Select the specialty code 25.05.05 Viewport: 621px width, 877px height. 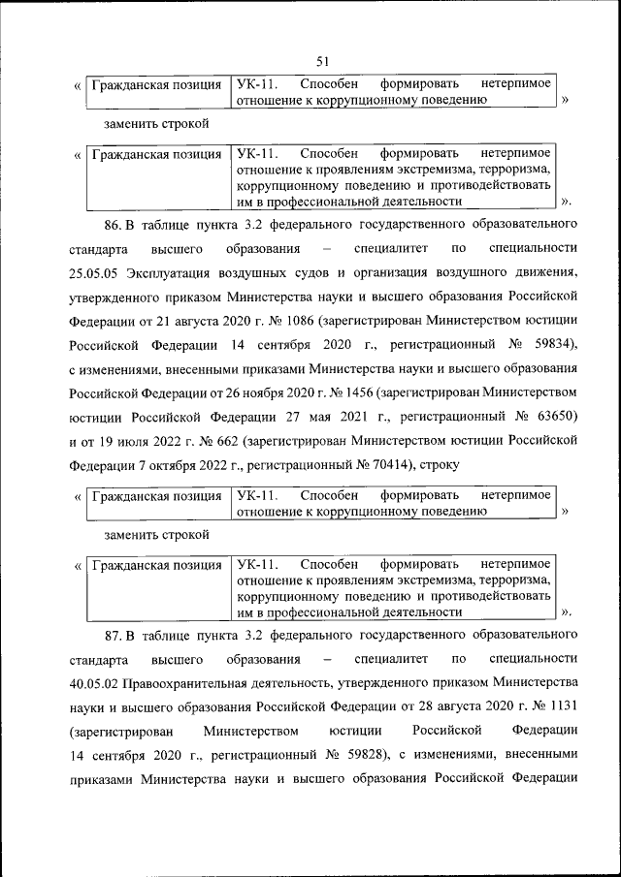95,272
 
